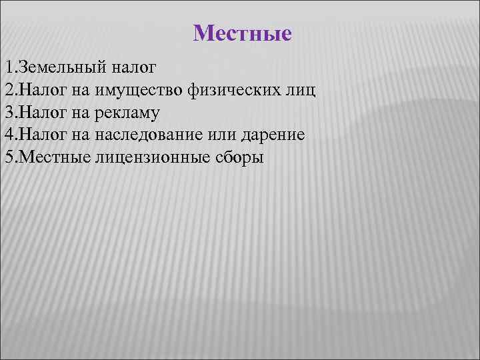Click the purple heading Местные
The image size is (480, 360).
pyautogui.click(x=242, y=33)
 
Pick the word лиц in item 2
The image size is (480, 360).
pyautogui.click(x=303, y=90)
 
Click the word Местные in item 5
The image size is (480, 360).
pyautogui.click(x=49, y=158)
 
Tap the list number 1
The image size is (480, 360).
pyautogui.click(x=7, y=67)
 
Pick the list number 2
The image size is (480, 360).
pyautogui.click(x=7, y=90)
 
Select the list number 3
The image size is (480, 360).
pyautogui.click(x=7, y=113)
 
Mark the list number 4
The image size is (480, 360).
pyautogui.click(x=7, y=135)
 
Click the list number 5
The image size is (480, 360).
pyautogui.click(x=7, y=158)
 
